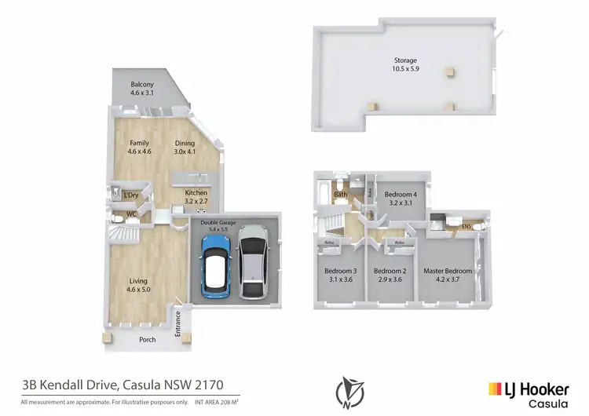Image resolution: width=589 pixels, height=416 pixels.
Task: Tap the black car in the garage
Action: tap(252, 263)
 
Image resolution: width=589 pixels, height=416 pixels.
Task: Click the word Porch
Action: tap(148, 340)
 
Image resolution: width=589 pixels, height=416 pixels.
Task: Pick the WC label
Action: tap(120, 213)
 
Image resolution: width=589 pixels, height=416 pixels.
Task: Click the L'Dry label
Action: tap(131, 195)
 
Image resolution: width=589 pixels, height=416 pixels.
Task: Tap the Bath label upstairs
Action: tap(341, 195)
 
